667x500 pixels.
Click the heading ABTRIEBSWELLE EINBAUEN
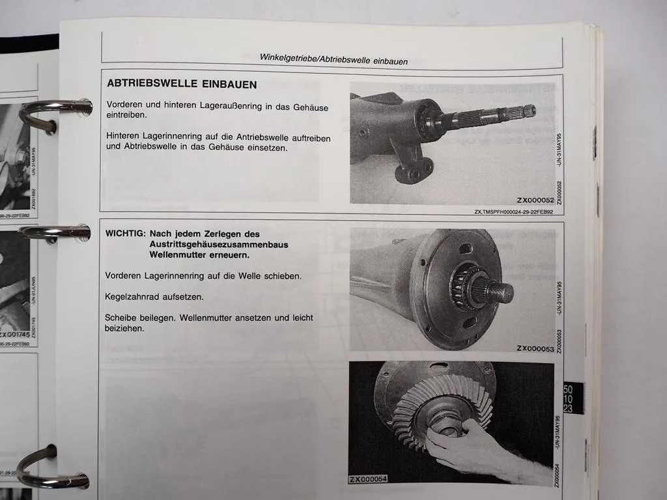click(x=181, y=85)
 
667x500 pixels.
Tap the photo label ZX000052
click(x=535, y=200)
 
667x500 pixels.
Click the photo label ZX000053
click(x=535, y=348)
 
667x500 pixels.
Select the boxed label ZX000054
click(x=368, y=480)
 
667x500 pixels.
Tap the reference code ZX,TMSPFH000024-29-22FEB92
click(x=514, y=212)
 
